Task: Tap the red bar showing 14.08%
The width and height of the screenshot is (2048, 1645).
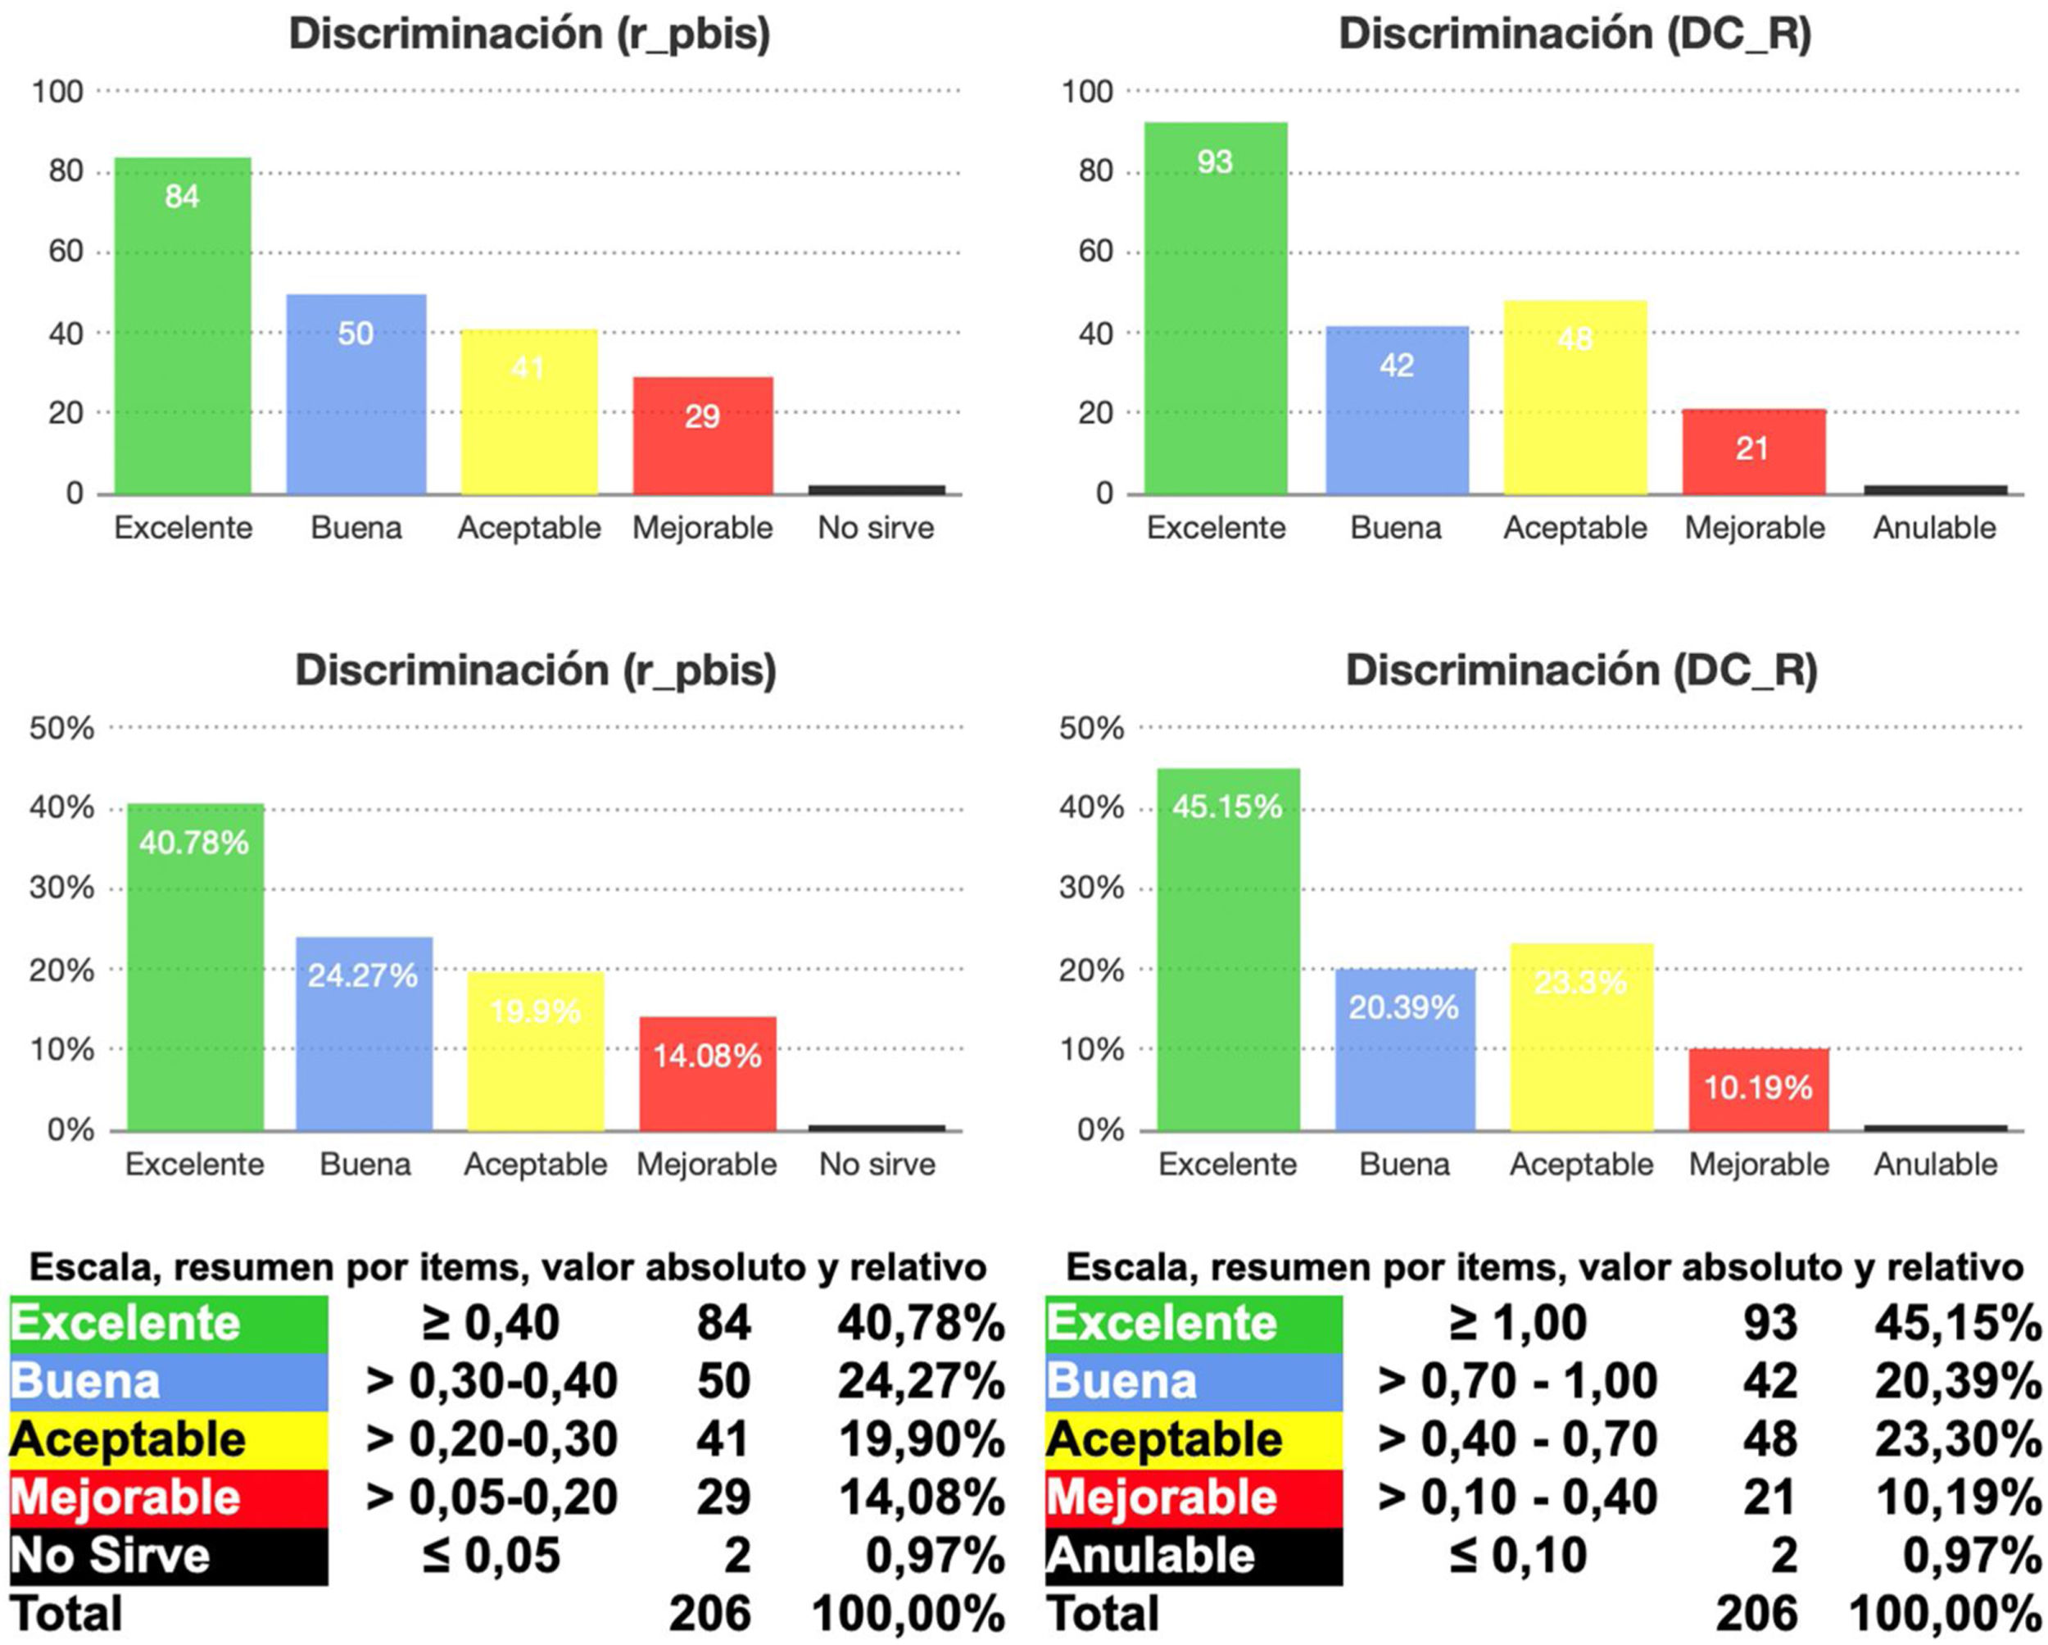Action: coord(708,1073)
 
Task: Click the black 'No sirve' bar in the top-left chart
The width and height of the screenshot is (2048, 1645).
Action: coord(877,489)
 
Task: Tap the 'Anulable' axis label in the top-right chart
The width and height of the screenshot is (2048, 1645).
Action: coord(1934,527)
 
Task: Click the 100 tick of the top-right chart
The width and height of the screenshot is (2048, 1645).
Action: coord(1088,92)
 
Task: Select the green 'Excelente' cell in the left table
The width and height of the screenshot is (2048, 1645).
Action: coord(169,1324)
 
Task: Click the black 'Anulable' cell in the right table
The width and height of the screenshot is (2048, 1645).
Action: coord(1193,1556)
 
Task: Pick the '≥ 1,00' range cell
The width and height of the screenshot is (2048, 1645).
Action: coord(1518,1323)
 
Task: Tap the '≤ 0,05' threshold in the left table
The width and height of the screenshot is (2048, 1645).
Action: coord(491,1556)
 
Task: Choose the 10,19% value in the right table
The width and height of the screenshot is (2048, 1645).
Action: coord(1957,1497)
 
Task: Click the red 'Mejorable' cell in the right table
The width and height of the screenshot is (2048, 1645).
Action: coord(1193,1497)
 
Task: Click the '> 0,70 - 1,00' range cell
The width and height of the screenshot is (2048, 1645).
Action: coord(1518,1382)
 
